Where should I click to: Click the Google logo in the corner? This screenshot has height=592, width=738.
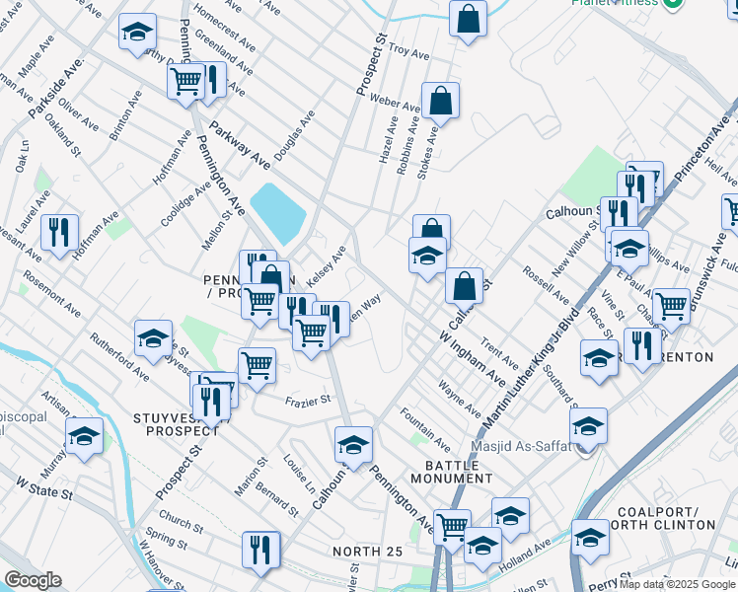(34, 580)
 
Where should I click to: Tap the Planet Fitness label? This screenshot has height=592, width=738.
(614, 2)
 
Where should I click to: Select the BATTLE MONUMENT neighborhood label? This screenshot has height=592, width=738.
(458, 471)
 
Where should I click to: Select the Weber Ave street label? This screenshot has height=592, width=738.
(396, 103)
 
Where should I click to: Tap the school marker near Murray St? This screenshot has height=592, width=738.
(84, 435)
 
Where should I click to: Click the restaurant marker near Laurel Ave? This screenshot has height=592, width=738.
(59, 234)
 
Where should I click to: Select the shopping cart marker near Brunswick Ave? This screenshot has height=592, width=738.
(671, 306)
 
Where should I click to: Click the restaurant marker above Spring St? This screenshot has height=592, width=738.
(260, 550)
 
